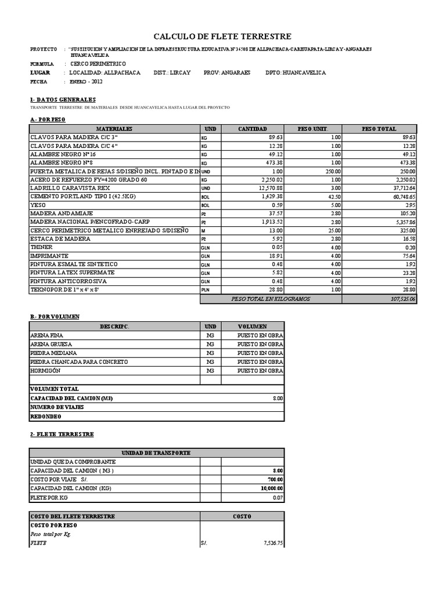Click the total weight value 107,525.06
401,299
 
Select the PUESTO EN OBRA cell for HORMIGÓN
260,371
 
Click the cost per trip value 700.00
275,480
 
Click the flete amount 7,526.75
271,544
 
